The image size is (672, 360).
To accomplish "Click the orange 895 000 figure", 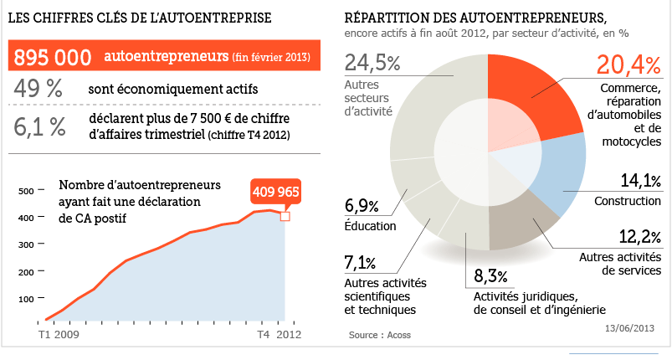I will point(53,57).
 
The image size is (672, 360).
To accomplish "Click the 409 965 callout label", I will point(275,193).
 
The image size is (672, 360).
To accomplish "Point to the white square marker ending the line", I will point(285,216).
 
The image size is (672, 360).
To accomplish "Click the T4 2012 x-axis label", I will point(278,335).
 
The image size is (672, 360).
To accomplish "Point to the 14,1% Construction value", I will point(640,181).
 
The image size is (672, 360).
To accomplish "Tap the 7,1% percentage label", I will point(361,265).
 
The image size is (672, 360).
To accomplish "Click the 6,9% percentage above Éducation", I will point(362,207).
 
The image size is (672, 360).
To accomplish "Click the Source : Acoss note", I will point(380,335).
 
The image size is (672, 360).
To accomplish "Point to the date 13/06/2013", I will point(633,328).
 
